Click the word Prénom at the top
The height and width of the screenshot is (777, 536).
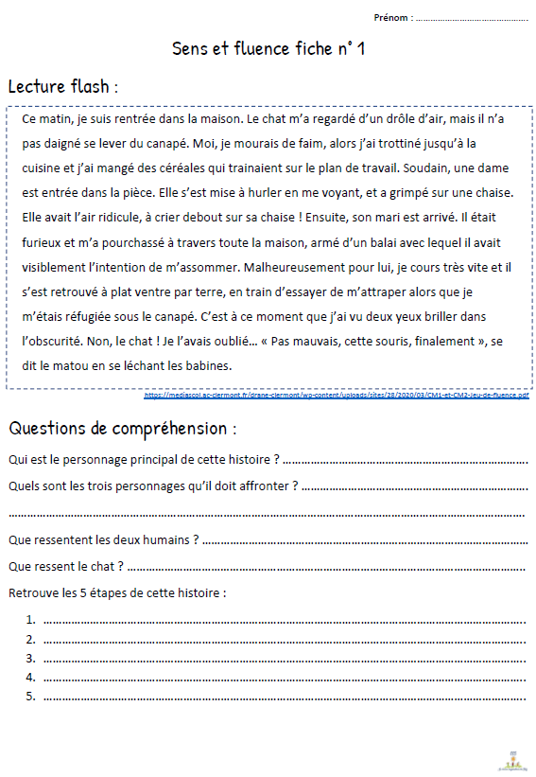click(x=391, y=17)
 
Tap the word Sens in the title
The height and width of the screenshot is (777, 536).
click(x=190, y=49)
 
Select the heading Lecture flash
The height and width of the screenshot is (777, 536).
click(x=62, y=87)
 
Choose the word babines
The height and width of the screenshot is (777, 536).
click(x=204, y=365)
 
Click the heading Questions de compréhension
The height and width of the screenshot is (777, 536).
click(x=122, y=428)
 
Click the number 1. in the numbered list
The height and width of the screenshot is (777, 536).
click(x=31, y=620)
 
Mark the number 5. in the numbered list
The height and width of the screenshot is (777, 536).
click(x=31, y=696)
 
